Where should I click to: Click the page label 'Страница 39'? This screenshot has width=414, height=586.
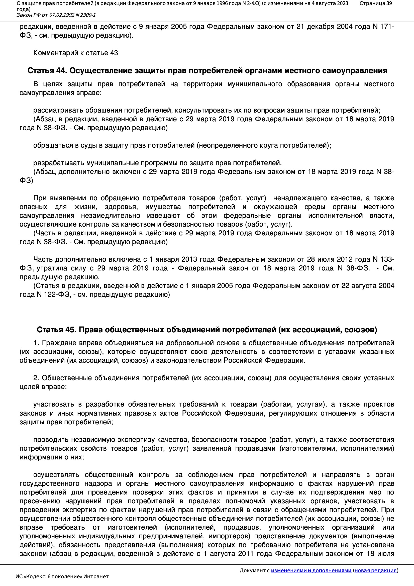point(375,3)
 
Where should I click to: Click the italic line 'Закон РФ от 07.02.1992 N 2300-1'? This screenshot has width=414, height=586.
point(56,15)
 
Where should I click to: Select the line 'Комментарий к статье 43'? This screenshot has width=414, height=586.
point(75,53)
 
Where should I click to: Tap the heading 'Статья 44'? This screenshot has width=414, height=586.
point(47,71)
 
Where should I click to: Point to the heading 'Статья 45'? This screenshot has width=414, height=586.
point(56,330)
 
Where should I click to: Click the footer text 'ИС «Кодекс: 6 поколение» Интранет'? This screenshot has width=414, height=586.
point(62,576)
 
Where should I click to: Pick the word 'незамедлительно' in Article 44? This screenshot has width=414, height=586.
point(111,216)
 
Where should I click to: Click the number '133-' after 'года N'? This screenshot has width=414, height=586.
point(387,259)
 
